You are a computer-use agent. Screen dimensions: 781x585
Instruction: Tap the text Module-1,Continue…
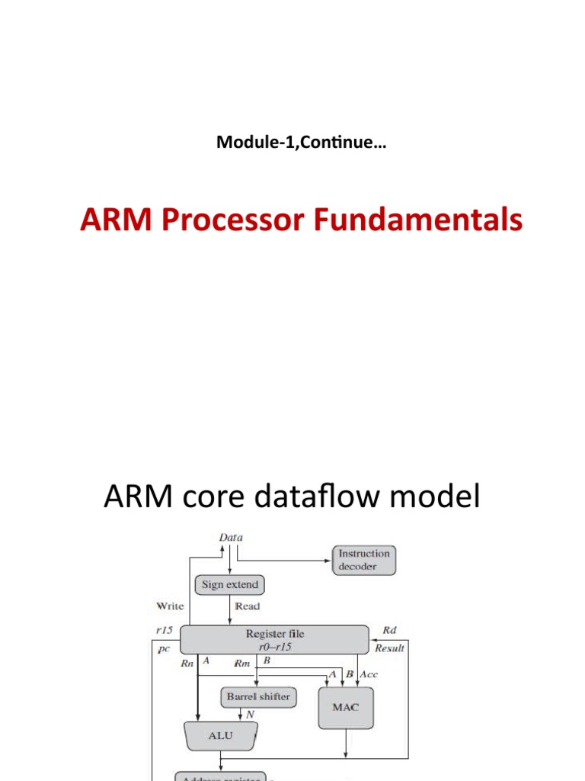tap(301, 142)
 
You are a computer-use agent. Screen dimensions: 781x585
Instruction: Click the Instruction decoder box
tap(364, 560)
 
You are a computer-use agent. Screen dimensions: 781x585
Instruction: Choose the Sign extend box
tap(229, 585)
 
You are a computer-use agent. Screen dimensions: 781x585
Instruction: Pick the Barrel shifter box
tap(258, 696)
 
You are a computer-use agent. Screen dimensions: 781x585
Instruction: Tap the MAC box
tap(346, 707)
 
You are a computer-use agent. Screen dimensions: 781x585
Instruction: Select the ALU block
tap(220, 736)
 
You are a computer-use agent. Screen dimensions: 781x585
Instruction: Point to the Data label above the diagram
tap(231, 537)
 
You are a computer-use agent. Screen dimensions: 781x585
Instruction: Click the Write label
tap(170, 606)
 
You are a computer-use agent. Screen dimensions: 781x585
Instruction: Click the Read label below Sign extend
tap(248, 606)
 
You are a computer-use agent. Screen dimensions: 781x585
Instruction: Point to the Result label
tap(390, 648)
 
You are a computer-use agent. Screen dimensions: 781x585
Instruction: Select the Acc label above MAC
tap(369, 675)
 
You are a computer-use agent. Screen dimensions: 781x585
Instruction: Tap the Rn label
tap(188, 664)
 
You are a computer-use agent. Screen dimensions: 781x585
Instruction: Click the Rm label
tap(242, 664)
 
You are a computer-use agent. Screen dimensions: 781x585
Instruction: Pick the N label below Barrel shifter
tap(250, 715)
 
